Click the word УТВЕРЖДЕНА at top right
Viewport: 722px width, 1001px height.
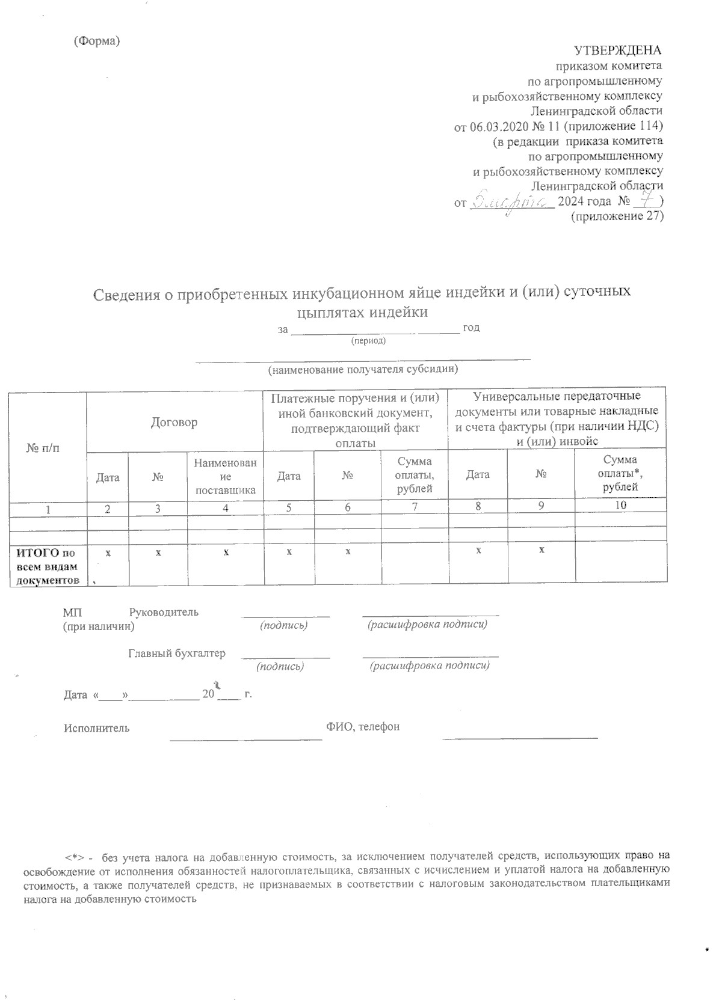(x=617, y=50)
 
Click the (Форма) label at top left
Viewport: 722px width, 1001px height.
(x=97, y=41)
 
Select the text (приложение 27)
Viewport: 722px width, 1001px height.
(x=616, y=217)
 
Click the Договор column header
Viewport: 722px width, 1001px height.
(x=174, y=422)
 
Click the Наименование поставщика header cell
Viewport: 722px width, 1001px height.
(x=225, y=476)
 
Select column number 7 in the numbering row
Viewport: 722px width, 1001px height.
(x=415, y=507)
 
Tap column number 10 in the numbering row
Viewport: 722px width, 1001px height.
(x=620, y=506)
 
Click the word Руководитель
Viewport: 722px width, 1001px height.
(x=164, y=613)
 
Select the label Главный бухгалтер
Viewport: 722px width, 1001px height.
(x=177, y=654)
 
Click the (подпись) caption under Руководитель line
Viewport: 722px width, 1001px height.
(x=283, y=626)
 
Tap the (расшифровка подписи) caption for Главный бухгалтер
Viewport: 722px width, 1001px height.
(x=430, y=666)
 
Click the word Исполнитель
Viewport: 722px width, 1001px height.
(x=97, y=728)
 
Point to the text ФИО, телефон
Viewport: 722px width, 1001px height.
(x=363, y=727)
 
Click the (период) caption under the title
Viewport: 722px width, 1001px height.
(x=368, y=341)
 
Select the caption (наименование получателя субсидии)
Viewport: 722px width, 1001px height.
(x=363, y=369)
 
